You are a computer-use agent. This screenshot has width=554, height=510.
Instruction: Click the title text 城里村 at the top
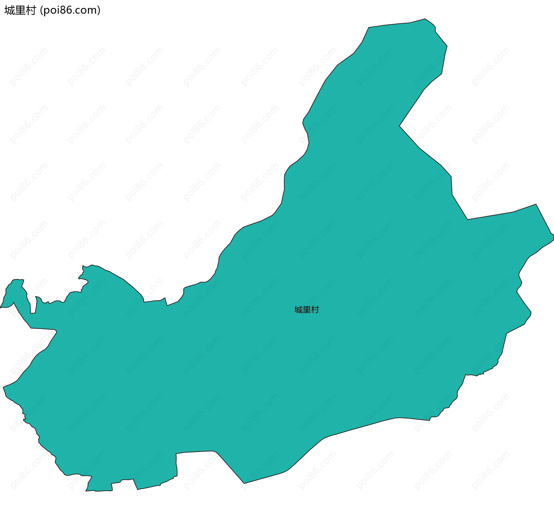pos(20,10)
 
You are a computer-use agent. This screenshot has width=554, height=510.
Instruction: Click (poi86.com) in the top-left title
pos(70,10)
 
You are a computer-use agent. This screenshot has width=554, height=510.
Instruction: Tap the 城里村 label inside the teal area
pos(306,310)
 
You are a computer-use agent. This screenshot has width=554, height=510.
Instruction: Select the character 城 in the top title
pos(10,10)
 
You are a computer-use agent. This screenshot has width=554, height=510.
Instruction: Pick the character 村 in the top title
pos(31,10)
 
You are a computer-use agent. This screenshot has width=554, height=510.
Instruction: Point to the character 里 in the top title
pos(20,10)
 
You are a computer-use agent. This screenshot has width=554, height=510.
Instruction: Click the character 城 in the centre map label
pos(298,310)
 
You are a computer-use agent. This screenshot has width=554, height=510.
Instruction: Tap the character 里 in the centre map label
pos(306,310)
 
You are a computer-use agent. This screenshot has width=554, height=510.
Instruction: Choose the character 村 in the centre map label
pos(315,310)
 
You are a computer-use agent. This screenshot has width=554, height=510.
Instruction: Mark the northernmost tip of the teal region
pos(425,19)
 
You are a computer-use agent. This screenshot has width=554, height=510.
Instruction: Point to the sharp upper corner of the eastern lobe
pos(536,205)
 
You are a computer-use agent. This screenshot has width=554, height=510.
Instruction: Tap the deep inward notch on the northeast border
pos(400,126)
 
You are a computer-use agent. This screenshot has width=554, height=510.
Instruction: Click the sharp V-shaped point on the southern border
pos(244,483)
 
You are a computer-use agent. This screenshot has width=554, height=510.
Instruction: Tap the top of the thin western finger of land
pos(18,280)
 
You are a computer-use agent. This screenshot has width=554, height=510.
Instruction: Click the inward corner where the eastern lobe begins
pos(467,219)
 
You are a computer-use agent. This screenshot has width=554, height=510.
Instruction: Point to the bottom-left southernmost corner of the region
pos(86,491)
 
